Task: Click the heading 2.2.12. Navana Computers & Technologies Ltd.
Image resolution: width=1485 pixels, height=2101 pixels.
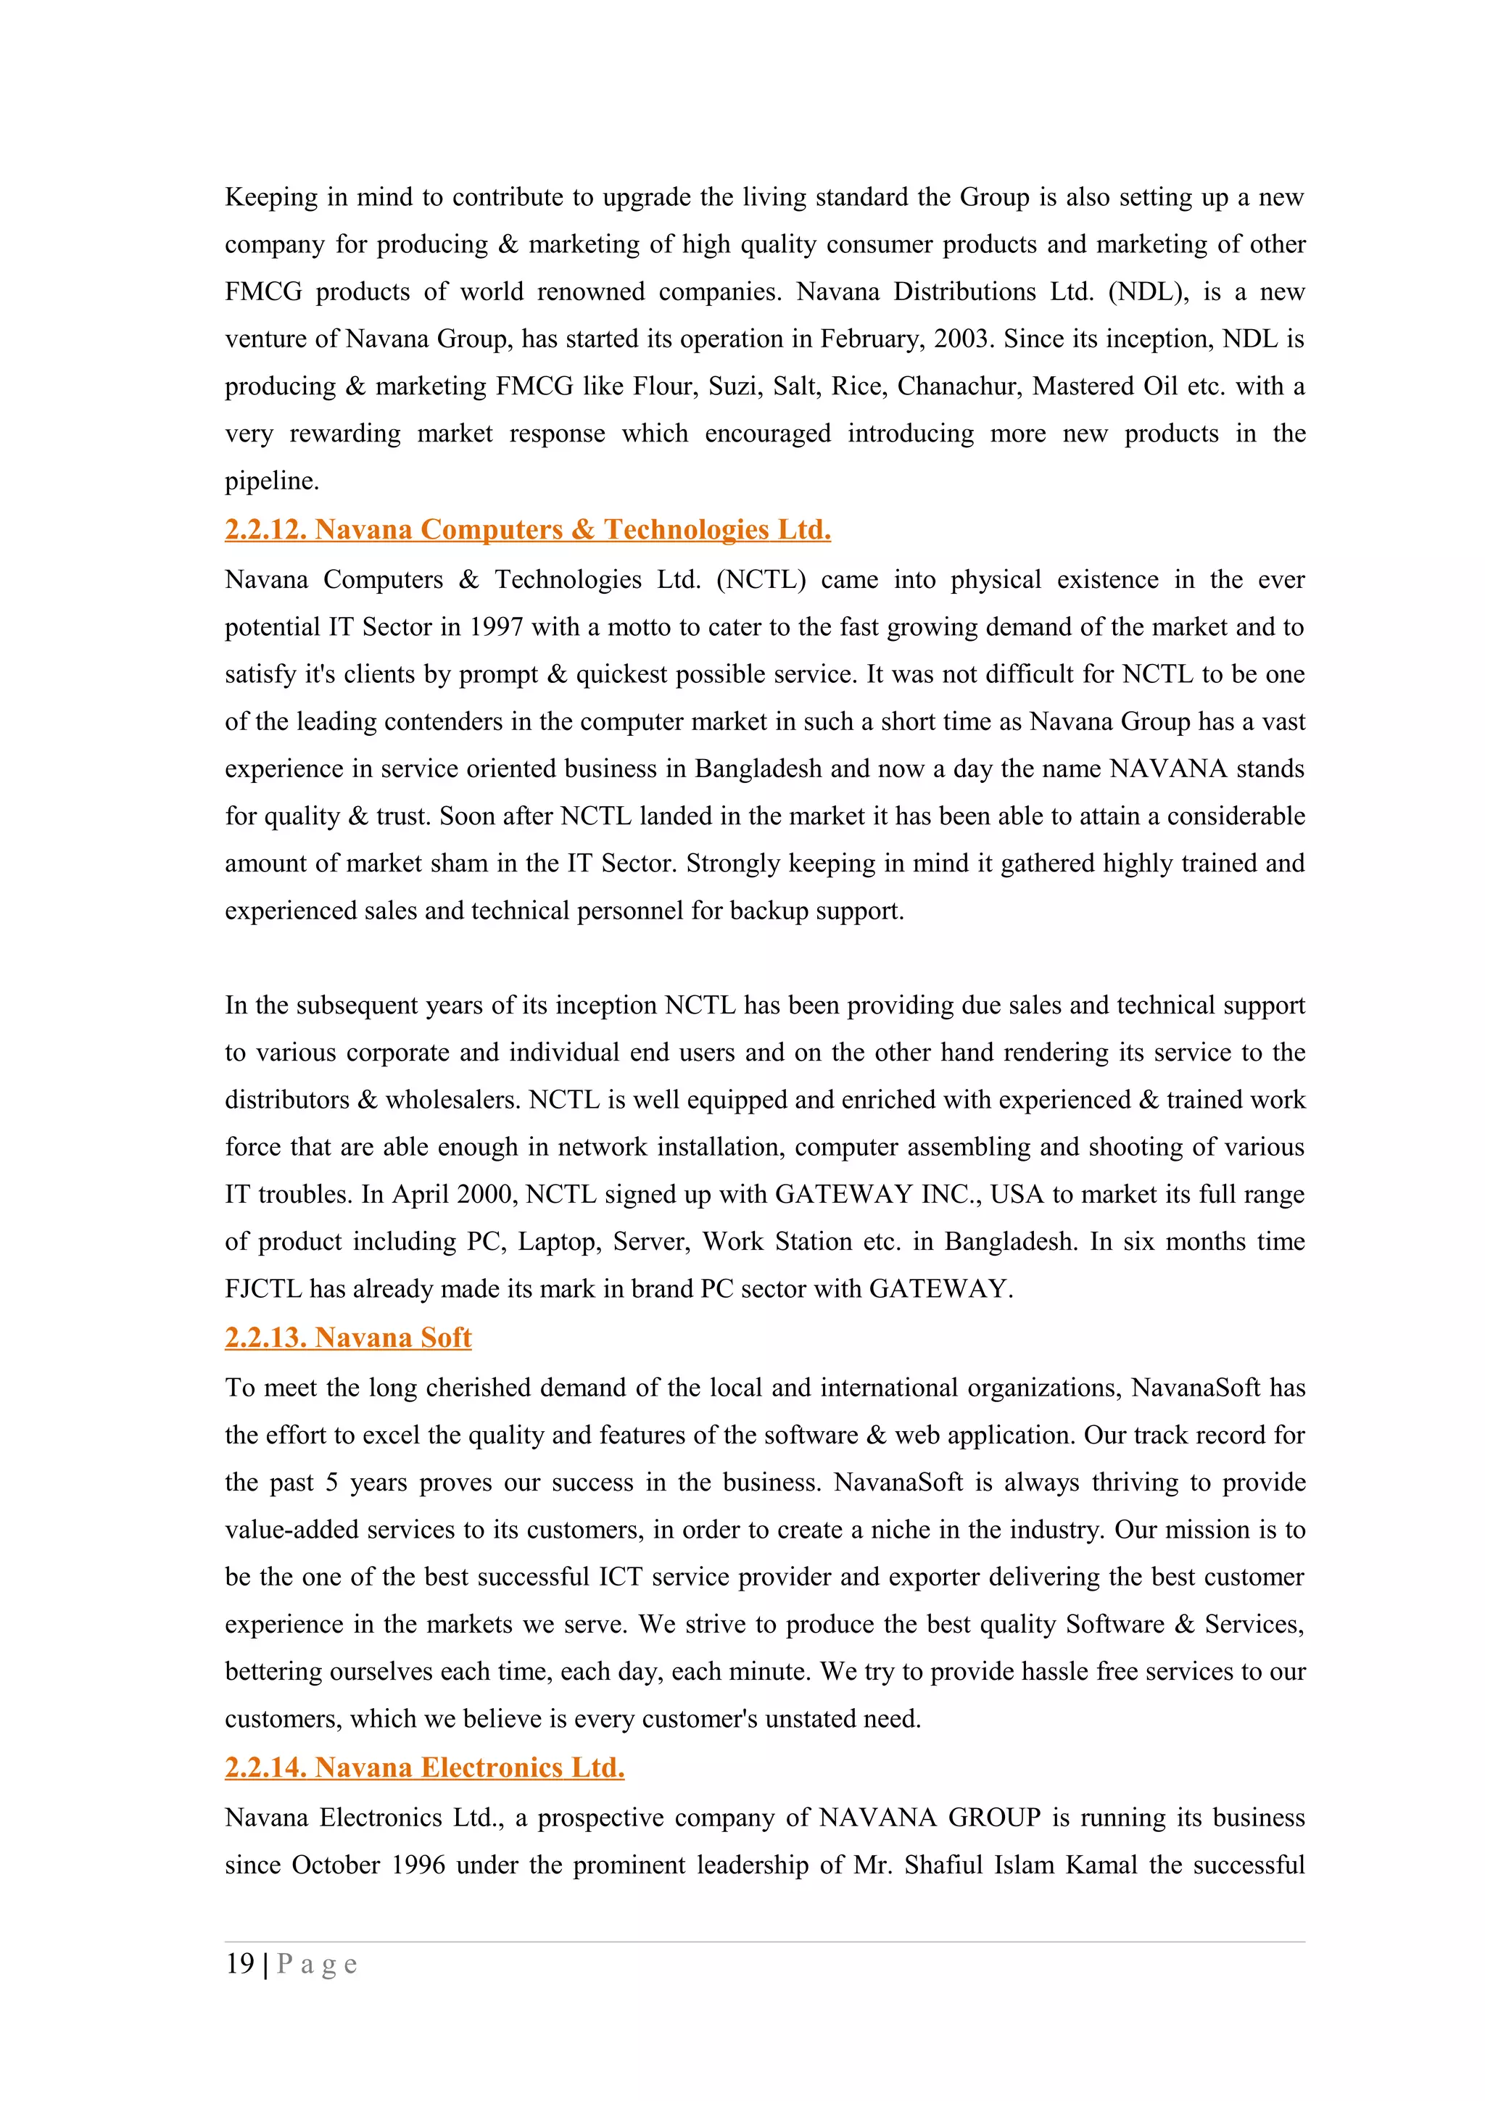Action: click(528, 530)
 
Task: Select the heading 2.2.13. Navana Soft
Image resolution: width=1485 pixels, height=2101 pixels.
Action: click(348, 1338)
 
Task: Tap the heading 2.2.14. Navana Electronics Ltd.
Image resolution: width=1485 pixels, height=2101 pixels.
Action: click(425, 1768)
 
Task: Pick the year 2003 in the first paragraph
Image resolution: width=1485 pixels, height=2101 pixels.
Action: click(961, 339)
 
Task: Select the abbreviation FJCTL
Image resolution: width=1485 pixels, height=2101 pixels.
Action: click(262, 1288)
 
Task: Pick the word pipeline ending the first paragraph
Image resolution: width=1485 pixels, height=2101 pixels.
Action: click(271, 481)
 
